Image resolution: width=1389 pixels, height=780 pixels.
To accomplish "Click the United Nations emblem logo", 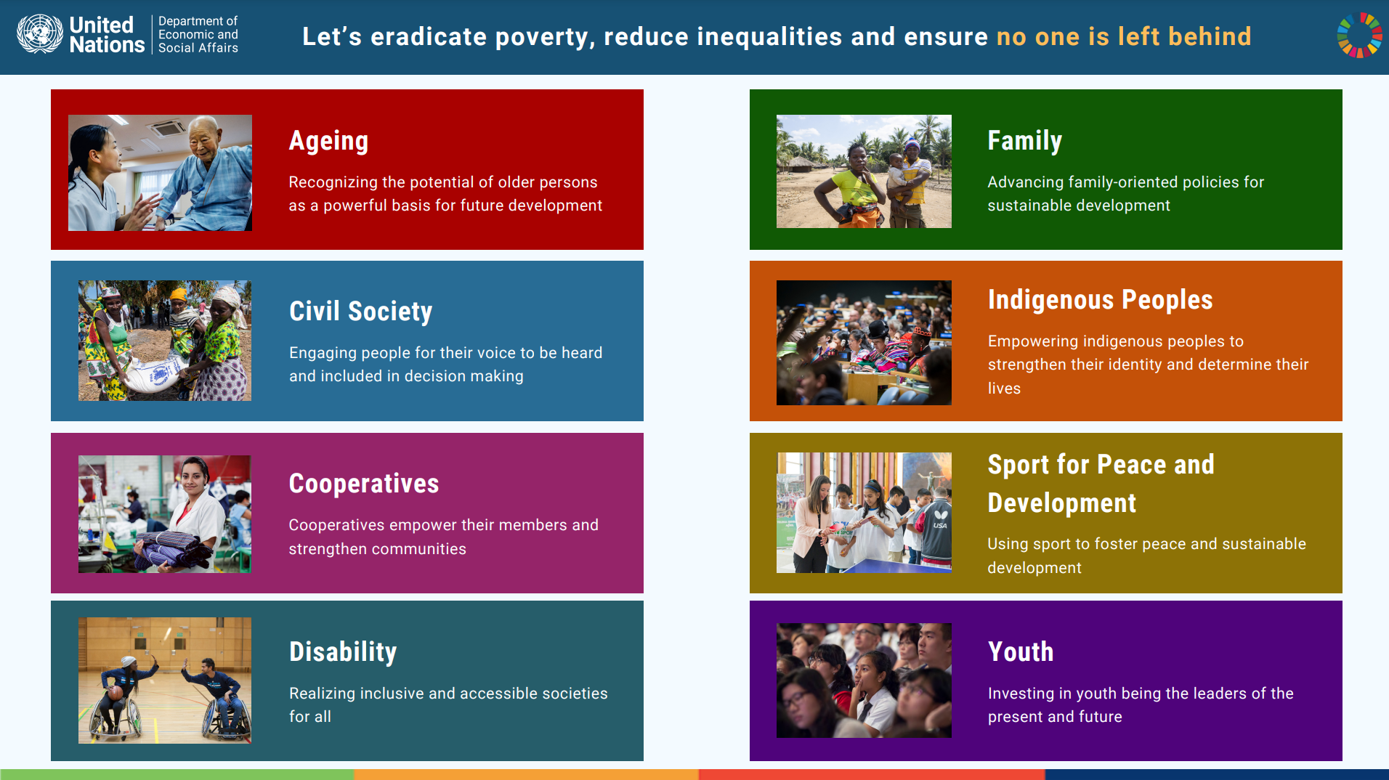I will pos(40,34).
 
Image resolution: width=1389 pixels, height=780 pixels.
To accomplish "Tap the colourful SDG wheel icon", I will pos(1359,35).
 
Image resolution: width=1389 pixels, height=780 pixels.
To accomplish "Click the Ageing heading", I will pos(328,141).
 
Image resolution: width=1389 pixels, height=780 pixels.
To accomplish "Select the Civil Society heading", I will pos(360,312).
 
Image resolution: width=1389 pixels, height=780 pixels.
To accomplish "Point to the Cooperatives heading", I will pos(363,484).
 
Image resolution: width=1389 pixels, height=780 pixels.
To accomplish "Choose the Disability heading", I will pos(343,652).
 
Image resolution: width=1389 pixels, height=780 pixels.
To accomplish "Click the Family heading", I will pos(1024,141).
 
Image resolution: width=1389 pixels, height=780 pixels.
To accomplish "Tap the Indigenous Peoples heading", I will pos(1100,300).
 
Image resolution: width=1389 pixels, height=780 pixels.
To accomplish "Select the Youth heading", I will pos(1020,652).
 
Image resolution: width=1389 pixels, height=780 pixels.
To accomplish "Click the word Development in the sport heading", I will pos(1061,503).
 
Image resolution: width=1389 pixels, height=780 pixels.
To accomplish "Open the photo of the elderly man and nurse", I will pos(160,173).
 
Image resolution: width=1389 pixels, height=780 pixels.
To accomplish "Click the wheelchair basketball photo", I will pos(164,680).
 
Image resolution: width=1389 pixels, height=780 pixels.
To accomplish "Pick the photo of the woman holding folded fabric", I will pos(164,514).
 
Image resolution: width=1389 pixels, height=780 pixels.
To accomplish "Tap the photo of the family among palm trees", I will pos(863,171).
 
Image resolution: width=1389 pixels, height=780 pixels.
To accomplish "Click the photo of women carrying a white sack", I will pos(164,341).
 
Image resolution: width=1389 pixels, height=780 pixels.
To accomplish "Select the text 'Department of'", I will pos(198,21).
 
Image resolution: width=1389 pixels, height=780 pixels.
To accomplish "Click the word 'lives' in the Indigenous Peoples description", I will pos(1004,389).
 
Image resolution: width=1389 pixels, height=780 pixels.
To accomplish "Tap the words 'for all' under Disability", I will pos(310,717).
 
